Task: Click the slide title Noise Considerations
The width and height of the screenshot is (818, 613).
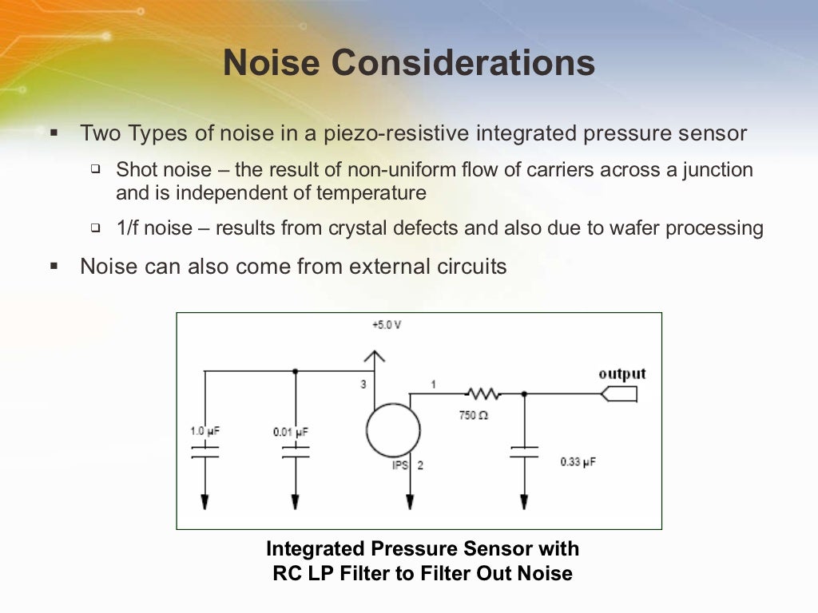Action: pos(408,63)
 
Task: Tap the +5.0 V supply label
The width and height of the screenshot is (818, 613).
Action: pos(386,326)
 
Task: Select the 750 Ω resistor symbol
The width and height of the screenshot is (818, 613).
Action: pos(482,394)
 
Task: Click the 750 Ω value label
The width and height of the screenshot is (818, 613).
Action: pos(473,415)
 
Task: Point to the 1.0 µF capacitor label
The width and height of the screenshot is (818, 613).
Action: pos(204,431)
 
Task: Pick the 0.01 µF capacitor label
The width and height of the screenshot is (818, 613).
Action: pos(291,432)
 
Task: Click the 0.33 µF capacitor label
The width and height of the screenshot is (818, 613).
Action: pos(578,462)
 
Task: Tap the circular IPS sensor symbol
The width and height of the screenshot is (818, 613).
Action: pos(393,429)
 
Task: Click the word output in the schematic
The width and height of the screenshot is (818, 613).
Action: pos(622,374)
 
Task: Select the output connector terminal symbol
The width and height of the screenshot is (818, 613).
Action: pos(621,394)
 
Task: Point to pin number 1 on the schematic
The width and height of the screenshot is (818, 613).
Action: pos(434,384)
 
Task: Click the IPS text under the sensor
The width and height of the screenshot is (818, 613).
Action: pos(400,465)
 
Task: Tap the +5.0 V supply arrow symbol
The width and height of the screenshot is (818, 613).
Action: pos(375,356)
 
